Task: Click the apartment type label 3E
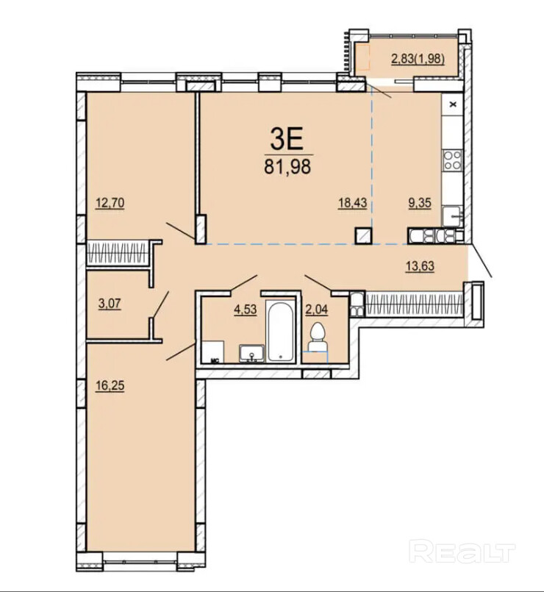point(287,139)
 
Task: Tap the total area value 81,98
point(287,166)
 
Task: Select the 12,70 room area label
point(110,203)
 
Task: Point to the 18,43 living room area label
point(352,203)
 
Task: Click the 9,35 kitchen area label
point(420,203)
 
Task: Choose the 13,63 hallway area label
point(420,266)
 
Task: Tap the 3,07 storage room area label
point(110,304)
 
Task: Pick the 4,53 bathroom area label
point(246,310)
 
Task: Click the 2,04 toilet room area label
point(316,310)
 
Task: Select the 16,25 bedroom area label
point(110,386)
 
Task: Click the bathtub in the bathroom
point(280,331)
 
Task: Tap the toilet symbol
point(317,338)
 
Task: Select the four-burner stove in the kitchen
point(452,160)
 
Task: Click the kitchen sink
point(452,217)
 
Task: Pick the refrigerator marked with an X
point(452,104)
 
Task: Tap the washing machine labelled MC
point(212,352)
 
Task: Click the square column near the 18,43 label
point(364,236)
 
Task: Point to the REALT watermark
point(462,553)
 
